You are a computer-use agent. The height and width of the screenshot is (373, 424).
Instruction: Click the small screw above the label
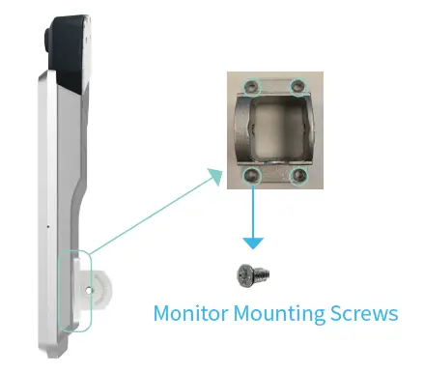(252, 274)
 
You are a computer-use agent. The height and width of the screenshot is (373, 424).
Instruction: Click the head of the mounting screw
(246, 274)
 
